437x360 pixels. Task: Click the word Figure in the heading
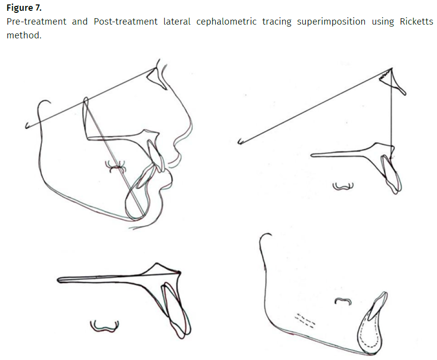coord(20,8)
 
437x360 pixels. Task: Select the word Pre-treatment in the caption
coord(36,22)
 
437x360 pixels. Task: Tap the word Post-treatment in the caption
coord(126,22)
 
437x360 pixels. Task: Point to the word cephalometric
coord(226,22)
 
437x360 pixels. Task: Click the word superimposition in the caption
coord(331,22)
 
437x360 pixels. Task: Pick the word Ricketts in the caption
coord(416,22)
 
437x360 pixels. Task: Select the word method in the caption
coord(23,35)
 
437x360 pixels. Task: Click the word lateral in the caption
coord(177,22)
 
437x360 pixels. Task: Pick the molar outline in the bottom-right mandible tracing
coord(343,300)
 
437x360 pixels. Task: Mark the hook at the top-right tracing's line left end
coord(240,142)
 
